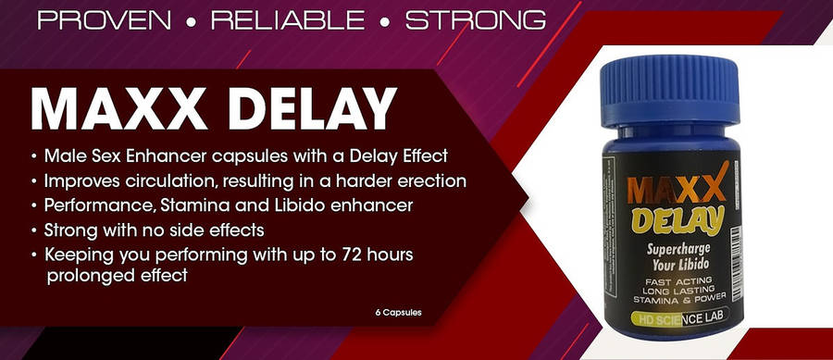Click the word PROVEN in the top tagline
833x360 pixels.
coord(104,20)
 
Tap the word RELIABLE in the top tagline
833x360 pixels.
coord(288,20)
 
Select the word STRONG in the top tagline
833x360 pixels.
coord(476,20)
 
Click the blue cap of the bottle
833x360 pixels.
coord(669,91)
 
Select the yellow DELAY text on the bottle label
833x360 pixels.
coord(678,220)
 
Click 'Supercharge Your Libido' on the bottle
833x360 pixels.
coord(678,256)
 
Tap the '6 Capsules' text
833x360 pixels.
coord(398,313)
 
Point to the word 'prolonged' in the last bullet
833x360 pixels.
coord(87,277)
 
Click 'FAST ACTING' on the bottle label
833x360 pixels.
coord(678,281)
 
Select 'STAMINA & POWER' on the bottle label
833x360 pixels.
coord(678,300)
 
